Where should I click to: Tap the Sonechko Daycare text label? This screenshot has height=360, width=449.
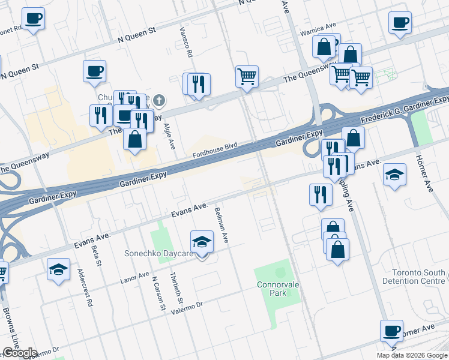coord(158,254)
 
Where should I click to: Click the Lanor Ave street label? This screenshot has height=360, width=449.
coord(134,277)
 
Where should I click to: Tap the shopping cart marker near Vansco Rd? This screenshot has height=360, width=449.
coord(247,77)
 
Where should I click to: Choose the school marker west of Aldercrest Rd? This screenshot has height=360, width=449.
coord(59,269)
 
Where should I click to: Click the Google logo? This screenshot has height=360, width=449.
coord(20,353)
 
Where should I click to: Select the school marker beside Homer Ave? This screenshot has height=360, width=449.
coord(394,175)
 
